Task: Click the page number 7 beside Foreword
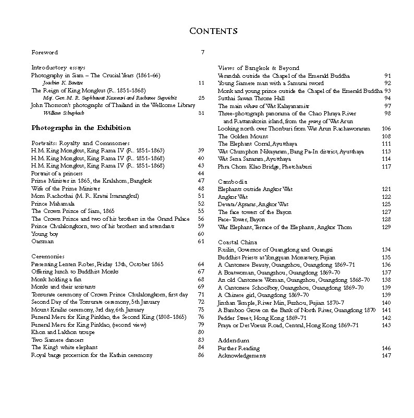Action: [202, 53]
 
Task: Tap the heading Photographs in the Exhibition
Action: [81, 128]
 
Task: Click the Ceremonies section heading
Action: [48, 257]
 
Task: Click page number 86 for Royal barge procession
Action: [201, 355]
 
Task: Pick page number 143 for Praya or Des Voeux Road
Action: [386, 325]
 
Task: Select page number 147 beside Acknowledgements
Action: [386, 355]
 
